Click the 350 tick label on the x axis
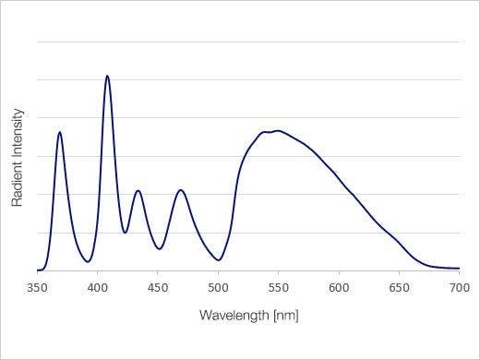[37, 287]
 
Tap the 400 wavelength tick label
[97, 287]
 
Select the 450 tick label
[157, 287]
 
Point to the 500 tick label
[218, 287]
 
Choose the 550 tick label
[278, 287]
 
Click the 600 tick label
[339, 287]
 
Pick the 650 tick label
[399, 287]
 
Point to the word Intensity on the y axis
[18, 139]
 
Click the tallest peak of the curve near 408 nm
[107, 76]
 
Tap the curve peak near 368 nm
[60, 132]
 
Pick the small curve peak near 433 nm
[138, 191]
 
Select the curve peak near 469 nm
[181, 190]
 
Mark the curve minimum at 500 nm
[219, 260]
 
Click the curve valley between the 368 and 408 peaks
[88, 261]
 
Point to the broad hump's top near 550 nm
[276, 131]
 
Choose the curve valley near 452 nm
[160, 248]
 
